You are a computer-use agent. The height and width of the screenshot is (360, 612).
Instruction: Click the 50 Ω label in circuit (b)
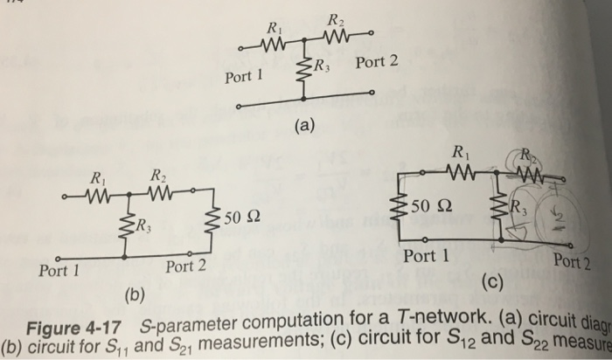pyautogui.click(x=241, y=216)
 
